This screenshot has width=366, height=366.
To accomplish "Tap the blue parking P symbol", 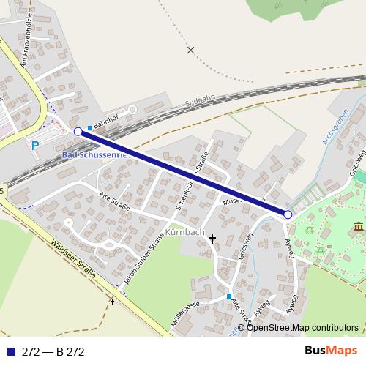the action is [x=34, y=146].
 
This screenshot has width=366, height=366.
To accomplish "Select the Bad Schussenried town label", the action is [x=95, y=156].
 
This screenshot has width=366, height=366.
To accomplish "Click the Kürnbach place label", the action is [x=184, y=232].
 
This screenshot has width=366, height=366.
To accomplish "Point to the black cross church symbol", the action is [x=213, y=239].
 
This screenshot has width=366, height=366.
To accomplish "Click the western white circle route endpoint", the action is [x=78, y=131].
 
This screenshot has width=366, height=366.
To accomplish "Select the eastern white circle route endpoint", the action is [x=288, y=214].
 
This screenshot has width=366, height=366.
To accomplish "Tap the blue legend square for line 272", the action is [x=10, y=352].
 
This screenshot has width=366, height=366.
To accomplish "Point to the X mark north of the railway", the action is [x=191, y=50].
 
